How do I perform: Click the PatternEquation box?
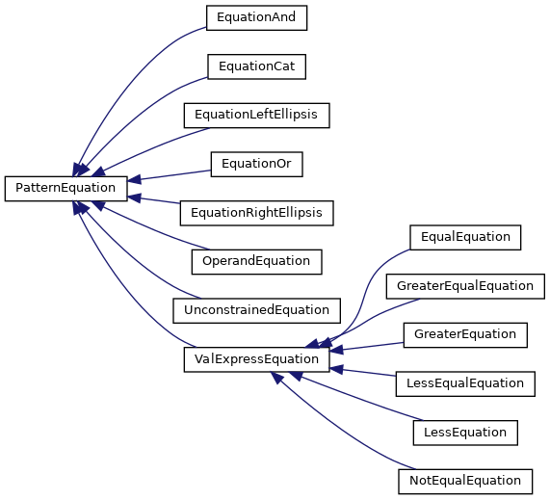[65, 189]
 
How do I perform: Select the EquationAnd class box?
[256, 17]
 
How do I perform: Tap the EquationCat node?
[256, 66]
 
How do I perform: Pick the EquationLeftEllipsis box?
[256, 116]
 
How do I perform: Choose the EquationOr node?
[256, 164]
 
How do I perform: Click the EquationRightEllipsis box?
[256, 213]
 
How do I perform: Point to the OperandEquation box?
[256, 262]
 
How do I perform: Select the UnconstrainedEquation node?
[256, 310]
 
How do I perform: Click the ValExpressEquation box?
[256, 359]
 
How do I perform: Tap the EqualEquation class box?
[465, 238]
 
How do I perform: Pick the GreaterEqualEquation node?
[465, 286]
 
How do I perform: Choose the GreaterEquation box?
[465, 335]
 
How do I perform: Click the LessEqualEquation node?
[465, 383]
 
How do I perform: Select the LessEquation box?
[465, 433]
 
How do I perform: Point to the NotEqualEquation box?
[465, 482]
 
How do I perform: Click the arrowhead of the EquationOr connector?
[134, 179]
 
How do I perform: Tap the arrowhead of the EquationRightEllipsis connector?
[134, 198]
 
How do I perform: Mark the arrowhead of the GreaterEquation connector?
[337, 350]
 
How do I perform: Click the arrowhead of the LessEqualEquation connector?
[337, 369]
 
